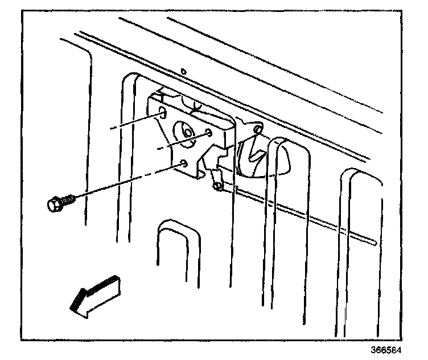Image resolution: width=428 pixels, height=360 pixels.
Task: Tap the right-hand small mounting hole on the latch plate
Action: pos(209,132)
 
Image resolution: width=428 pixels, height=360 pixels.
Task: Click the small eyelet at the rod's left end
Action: pos(217,185)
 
